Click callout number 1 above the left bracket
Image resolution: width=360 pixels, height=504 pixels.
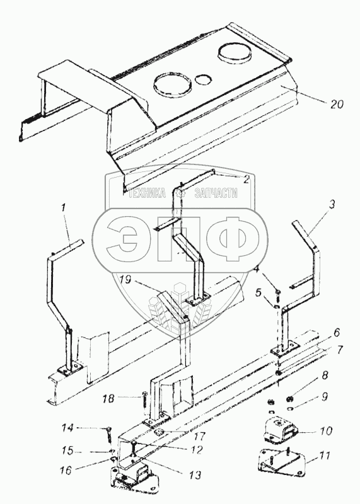point(64,208)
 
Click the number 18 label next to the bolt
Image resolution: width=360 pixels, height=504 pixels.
point(108,399)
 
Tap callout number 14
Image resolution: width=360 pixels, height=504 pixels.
point(67,428)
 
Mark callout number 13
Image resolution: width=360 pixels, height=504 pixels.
point(195,475)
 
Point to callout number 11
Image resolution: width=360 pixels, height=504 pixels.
point(325,455)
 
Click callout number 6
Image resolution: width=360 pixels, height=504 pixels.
point(336,333)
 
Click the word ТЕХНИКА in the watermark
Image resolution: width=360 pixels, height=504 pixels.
point(148,193)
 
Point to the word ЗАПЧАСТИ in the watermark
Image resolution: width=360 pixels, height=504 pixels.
point(216,193)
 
